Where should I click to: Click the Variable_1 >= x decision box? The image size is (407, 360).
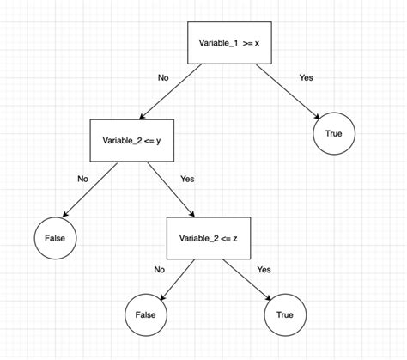click(x=229, y=42)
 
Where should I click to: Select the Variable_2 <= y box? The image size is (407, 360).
click(x=132, y=140)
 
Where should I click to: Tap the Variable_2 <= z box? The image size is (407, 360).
click(x=209, y=237)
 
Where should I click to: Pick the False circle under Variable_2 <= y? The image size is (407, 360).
click(x=55, y=235)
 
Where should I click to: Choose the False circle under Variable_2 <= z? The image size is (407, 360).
click(x=146, y=314)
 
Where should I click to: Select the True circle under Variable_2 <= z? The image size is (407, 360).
click(x=283, y=314)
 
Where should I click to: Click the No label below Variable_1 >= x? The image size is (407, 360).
click(x=163, y=78)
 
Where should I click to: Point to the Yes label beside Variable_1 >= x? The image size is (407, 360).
click(x=306, y=77)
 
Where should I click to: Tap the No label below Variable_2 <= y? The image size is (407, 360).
click(x=83, y=180)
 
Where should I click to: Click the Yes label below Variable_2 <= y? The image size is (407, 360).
click(x=188, y=180)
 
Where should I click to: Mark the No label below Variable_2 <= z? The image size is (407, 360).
click(x=159, y=269)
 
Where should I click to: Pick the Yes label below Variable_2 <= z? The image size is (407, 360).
click(x=264, y=269)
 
